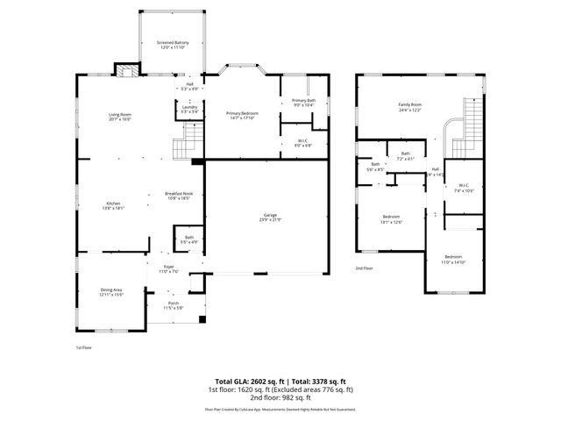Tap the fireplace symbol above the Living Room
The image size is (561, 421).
point(124,73)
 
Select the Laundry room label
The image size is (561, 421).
point(189,107)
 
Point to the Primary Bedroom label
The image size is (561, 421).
point(244,112)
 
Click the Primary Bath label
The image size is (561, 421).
point(303,101)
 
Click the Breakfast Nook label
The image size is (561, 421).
point(178,194)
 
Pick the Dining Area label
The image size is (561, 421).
point(110,289)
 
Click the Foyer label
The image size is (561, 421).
point(167,268)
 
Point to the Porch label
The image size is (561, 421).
point(173,303)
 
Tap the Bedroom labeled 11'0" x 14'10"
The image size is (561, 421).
point(453,257)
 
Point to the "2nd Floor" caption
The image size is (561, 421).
point(365,268)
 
